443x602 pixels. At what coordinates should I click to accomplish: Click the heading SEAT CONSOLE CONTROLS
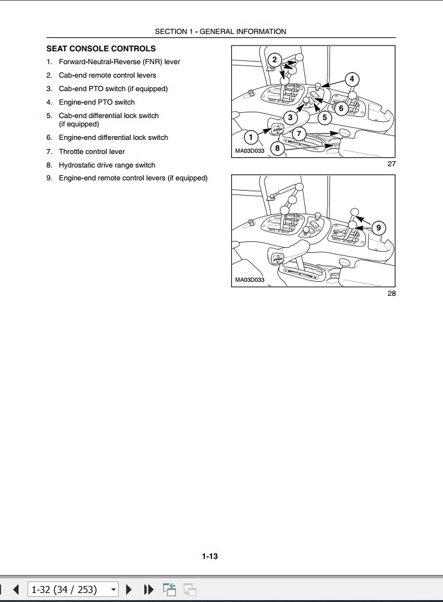pyautogui.click(x=101, y=49)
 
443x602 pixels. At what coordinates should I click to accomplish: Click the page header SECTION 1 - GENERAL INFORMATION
pyautogui.click(x=220, y=31)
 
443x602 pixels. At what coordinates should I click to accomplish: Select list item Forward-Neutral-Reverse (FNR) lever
pyautogui.click(x=119, y=62)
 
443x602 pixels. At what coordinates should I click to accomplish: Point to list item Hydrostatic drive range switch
pyautogui.click(x=107, y=165)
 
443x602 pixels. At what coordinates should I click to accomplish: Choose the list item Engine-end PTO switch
pyautogui.click(x=96, y=102)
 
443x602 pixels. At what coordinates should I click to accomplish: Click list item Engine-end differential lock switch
pyautogui.click(x=113, y=137)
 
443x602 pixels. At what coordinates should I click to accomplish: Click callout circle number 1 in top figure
pyautogui.click(x=251, y=136)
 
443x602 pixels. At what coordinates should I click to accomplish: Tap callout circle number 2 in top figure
pyautogui.click(x=274, y=60)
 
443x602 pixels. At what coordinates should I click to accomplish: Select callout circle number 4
pyautogui.click(x=351, y=79)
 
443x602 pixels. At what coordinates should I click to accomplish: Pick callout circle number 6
pyautogui.click(x=341, y=108)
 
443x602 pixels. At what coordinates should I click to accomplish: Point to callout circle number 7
pyautogui.click(x=299, y=133)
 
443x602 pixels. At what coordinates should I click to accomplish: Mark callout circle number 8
pyautogui.click(x=277, y=148)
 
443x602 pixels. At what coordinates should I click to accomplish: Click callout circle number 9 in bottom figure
pyautogui.click(x=378, y=227)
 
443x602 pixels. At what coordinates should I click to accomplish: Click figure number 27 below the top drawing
pyautogui.click(x=392, y=164)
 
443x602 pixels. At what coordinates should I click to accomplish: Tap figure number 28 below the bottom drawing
pyautogui.click(x=392, y=293)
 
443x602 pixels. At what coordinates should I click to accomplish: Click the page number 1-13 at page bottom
pyautogui.click(x=210, y=556)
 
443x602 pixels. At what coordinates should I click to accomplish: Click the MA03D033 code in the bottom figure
pyautogui.click(x=249, y=280)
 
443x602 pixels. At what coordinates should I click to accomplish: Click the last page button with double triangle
pyautogui.click(x=148, y=589)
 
